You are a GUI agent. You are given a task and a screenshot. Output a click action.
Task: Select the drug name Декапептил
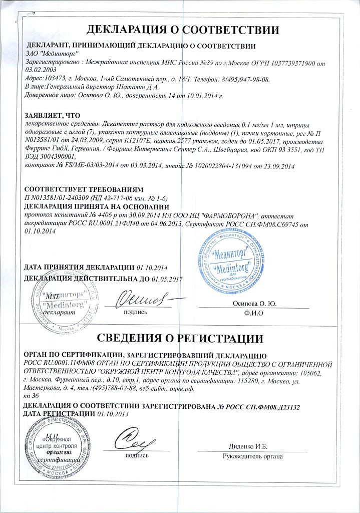point(119,124)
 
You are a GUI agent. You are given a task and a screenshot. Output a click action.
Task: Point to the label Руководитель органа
point(253,456)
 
